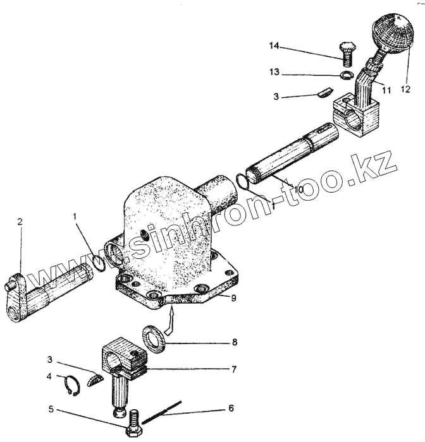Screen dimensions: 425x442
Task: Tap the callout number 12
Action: [x=404, y=89]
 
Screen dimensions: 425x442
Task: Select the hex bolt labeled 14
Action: [x=347, y=53]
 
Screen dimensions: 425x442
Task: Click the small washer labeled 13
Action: [x=347, y=76]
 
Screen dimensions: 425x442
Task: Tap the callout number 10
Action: [x=298, y=189]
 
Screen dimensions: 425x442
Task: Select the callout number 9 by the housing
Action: [x=233, y=298]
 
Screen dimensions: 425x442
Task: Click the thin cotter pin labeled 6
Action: [x=162, y=412]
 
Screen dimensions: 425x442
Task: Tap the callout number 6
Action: [x=231, y=408]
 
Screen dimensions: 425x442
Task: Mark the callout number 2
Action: [x=20, y=222]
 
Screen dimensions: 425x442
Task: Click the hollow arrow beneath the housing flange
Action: [x=171, y=323]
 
